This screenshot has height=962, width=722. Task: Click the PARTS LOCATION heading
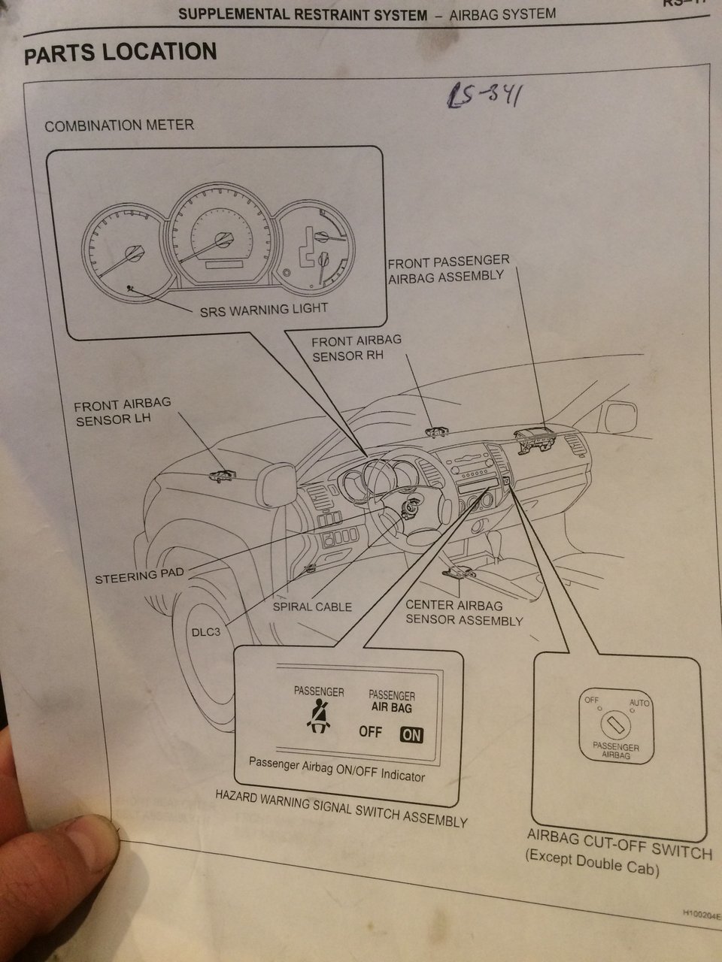[x=120, y=53]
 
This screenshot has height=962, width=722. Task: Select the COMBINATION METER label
[x=119, y=126]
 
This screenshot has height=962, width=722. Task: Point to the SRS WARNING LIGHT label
[x=263, y=308]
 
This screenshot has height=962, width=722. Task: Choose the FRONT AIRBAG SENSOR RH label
[x=356, y=347]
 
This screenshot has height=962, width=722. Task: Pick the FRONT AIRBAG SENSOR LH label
[x=123, y=411]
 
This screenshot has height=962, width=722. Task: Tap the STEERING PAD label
[x=139, y=578]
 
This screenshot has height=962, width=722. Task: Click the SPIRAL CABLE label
[x=312, y=607]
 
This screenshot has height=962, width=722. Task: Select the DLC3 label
[x=205, y=632]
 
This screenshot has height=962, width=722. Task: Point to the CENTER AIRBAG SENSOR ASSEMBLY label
[x=463, y=613]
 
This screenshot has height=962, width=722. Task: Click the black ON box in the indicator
[x=411, y=734]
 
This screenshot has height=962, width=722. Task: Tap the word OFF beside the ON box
[x=370, y=732]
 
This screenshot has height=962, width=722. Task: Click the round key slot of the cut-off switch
[x=615, y=725]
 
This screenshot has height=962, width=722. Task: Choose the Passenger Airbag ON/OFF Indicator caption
[x=336, y=770]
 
